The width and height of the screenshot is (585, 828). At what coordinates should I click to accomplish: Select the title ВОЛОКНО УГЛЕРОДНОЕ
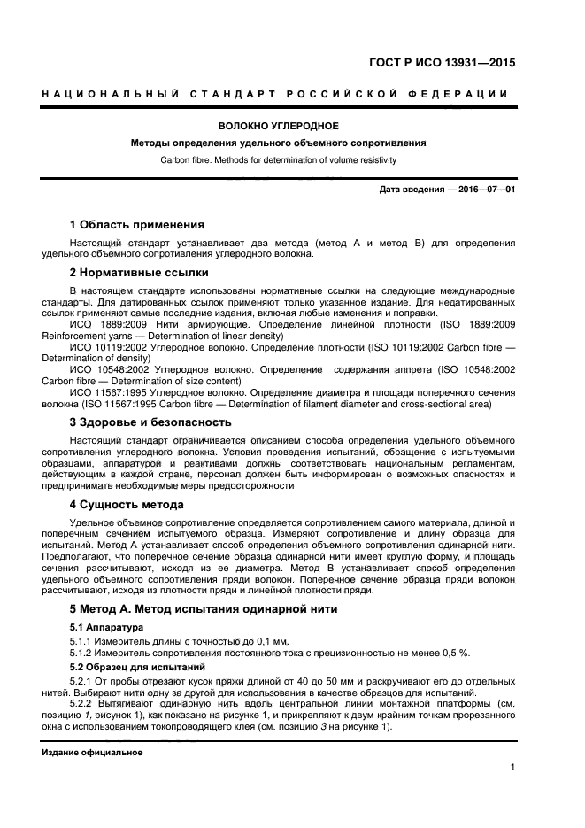point(279,126)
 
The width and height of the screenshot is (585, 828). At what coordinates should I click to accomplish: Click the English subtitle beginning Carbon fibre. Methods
point(279,160)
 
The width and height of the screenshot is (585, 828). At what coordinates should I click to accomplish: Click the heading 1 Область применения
point(136,224)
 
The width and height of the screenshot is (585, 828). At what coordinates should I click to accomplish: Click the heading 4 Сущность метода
point(127,505)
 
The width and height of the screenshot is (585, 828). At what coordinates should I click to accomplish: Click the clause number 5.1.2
point(83,653)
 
